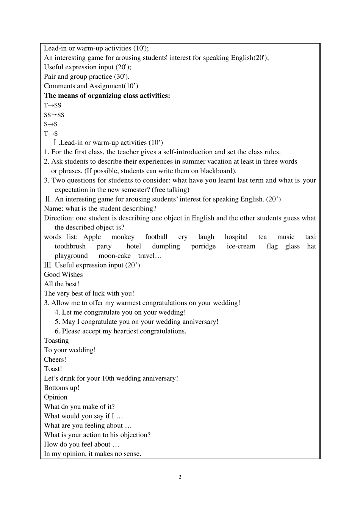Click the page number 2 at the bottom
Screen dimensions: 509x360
[180, 477]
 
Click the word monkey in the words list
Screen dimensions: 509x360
[123, 237]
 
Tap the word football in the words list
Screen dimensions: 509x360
[156, 237]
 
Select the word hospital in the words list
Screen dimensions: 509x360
[236, 237]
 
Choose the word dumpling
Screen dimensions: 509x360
[166, 247]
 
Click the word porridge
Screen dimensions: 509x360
[203, 247]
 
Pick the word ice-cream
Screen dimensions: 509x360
[241, 247]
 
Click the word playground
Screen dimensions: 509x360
[71, 256]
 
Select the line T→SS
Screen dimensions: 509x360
[52, 105]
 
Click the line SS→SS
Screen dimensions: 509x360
[54, 115]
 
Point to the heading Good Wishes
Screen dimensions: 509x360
[63, 275]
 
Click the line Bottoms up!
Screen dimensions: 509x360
[62, 388]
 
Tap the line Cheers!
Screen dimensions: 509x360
[55, 359]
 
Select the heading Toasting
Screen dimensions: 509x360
[56, 340]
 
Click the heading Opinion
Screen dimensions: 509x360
[56, 397]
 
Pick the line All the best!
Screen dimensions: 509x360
[62, 284]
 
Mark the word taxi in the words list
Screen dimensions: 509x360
[310, 237]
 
